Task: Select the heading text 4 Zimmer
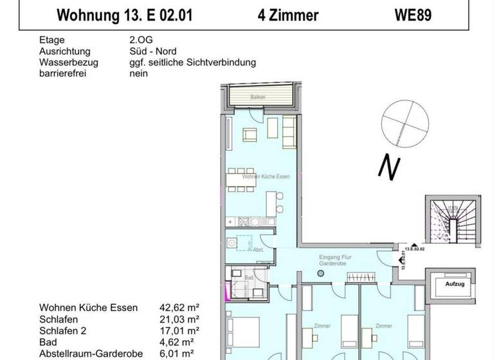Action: coord(288,15)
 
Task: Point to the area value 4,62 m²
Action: coord(179,342)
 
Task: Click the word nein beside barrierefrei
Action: coord(138,73)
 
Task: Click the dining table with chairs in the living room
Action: coord(241,179)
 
